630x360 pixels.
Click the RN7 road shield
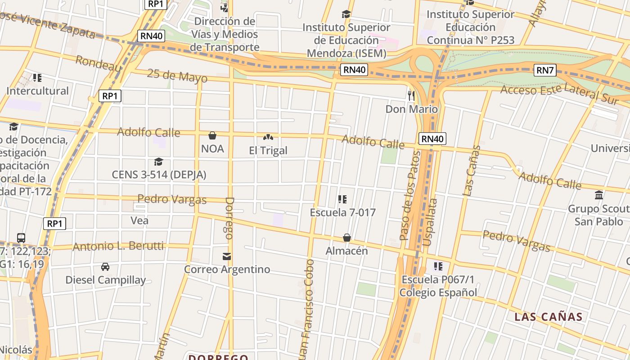point(545,70)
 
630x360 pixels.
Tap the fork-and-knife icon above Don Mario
point(411,95)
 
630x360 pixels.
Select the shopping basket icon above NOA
point(212,135)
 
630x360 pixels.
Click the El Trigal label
point(268,150)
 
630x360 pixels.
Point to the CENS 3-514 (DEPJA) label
point(159,175)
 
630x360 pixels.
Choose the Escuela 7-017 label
point(342,212)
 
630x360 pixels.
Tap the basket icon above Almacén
point(347,238)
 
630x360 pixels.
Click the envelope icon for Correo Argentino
point(227,256)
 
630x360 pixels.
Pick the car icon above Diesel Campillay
point(105,267)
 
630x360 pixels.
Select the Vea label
point(139,220)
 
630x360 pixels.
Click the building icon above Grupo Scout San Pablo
point(599,195)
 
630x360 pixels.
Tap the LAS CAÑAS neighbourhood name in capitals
point(549,317)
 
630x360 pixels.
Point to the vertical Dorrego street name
point(229,218)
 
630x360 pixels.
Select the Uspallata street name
point(429,222)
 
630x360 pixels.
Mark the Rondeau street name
point(98,63)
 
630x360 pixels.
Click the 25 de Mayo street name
point(177,76)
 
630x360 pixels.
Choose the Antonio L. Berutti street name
point(118,246)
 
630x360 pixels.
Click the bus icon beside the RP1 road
point(21,238)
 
